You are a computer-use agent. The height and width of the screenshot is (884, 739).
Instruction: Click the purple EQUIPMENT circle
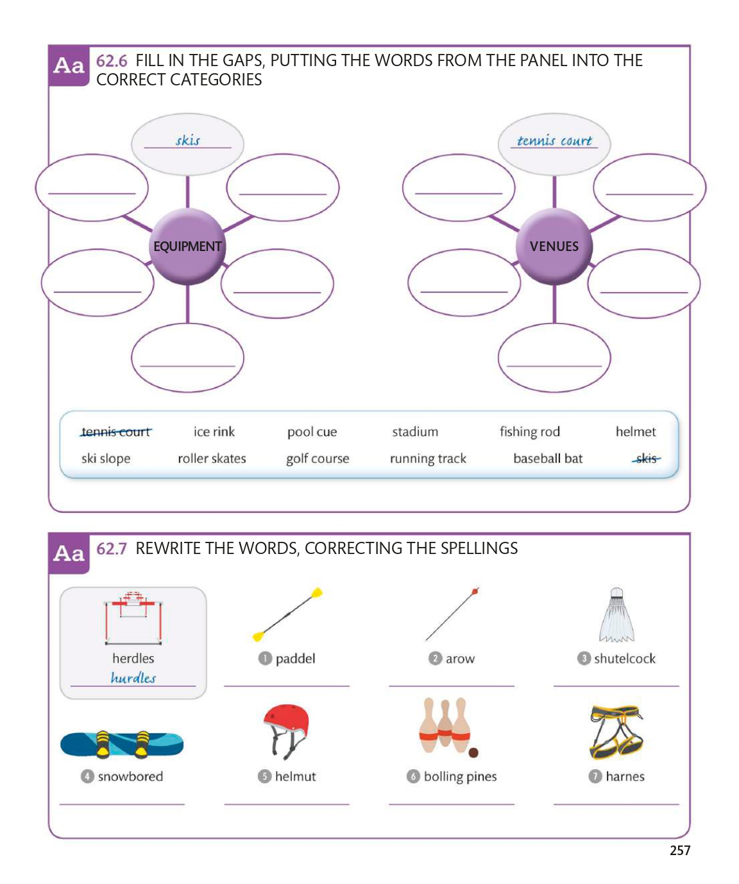tap(187, 247)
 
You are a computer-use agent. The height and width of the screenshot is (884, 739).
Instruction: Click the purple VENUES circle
tap(554, 247)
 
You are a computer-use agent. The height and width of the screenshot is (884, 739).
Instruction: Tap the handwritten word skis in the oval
tap(188, 141)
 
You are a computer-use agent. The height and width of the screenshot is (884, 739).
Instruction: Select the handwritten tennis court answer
tap(554, 141)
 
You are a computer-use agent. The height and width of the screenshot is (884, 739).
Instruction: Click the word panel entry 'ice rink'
tap(214, 432)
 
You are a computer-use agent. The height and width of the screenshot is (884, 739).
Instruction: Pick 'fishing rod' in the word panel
tap(530, 432)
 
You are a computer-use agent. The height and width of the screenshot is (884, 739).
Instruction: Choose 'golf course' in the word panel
tap(318, 459)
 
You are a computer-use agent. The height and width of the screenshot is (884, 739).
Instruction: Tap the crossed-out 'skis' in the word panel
tap(646, 458)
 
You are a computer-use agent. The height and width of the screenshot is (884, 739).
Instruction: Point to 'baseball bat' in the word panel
tap(548, 458)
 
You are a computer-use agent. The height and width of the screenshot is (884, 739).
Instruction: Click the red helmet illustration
tap(287, 730)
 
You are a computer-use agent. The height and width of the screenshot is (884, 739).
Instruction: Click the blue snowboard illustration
tap(122, 744)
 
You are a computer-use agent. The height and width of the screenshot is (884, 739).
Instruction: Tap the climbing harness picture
tap(616, 732)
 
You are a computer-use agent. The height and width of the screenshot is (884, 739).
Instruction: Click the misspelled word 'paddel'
tap(295, 659)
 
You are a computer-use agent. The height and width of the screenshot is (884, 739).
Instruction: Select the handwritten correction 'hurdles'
tap(133, 678)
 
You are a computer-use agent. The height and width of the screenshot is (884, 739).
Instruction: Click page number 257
tap(680, 851)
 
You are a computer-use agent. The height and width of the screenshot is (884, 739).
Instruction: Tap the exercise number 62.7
tap(112, 549)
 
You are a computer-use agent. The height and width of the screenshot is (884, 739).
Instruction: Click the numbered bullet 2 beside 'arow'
tap(435, 659)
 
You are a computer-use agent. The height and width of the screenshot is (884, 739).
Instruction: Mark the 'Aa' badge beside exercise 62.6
tap(69, 65)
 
